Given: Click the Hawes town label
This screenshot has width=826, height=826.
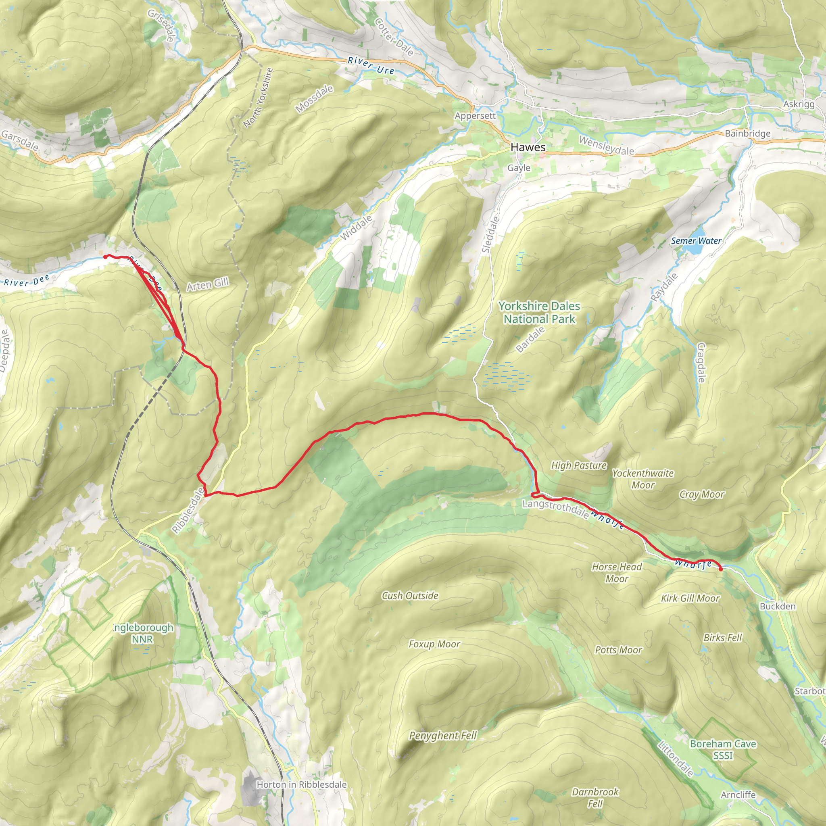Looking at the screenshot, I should [x=528, y=147].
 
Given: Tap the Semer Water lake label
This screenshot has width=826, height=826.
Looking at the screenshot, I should [x=696, y=241].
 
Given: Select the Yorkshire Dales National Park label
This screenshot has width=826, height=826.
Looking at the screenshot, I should [x=539, y=312].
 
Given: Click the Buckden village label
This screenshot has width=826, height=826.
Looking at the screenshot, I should [x=777, y=606].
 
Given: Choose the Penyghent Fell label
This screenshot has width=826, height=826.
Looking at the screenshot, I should [x=442, y=735].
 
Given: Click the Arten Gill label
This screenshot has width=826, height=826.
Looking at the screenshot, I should [x=207, y=284].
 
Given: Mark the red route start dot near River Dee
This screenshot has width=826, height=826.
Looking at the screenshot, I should [x=105, y=257].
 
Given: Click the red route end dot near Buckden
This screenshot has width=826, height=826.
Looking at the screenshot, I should [x=721, y=569].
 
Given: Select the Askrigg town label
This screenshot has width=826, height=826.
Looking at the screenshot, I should [x=798, y=104].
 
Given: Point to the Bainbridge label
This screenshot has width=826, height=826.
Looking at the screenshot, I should [x=747, y=133].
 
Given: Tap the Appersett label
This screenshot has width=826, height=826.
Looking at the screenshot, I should [x=475, y=116].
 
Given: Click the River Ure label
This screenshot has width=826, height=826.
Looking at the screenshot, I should [x=371, y=66].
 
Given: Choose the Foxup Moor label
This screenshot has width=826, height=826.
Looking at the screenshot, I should [x=434, y=644].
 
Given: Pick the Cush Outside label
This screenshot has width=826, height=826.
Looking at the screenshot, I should [x=410, y=596].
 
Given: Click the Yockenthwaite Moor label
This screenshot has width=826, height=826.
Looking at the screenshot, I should [x=642, y=479].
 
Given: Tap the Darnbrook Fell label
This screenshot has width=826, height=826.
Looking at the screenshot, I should [x=595, y=798].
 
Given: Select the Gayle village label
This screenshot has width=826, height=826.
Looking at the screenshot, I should [x=519, y=168].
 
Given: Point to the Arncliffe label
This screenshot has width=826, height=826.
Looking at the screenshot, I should [x=738, y=795].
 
